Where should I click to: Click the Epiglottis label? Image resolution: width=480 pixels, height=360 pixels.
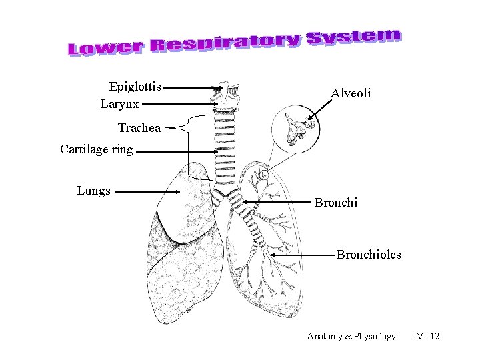click(135, 87)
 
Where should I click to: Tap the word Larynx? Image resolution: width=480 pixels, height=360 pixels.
click(119, 104)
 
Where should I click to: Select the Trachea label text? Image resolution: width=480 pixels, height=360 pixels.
click(139, 128)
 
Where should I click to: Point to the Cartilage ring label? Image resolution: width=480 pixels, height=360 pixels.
click(96, 149)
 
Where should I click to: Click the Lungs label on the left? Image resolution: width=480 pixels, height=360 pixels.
click(93, 191)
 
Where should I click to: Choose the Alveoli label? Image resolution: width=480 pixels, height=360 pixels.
click(351, 94)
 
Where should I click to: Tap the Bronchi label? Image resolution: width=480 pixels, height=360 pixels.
click(336, 202)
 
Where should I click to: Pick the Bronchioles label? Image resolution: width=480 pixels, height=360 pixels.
click(369, 255)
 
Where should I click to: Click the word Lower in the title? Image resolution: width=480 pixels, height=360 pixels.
click(106, 47)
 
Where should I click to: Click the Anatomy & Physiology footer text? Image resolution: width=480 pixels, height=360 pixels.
click(351, 337)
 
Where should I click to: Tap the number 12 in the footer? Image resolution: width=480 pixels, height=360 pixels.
click(435, 337)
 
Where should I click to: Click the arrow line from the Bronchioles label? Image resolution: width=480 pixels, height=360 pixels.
click(303, 255)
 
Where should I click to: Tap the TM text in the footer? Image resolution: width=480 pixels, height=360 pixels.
click(417, 337)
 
